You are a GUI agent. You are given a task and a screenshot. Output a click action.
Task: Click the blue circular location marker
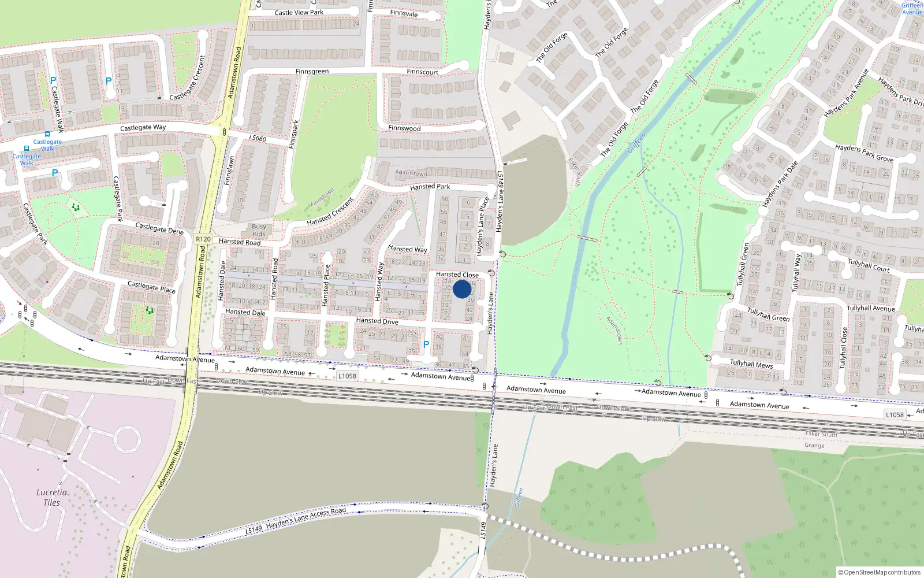(462, 289)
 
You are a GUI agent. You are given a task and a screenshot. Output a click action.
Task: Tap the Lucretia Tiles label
(51, 497)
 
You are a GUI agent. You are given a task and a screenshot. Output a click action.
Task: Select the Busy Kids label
(259, 230)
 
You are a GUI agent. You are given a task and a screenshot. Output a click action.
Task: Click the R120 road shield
(203, 239)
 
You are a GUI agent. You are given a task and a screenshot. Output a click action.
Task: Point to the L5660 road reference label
(258, 138)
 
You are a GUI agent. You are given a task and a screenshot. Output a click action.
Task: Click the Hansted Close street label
(457, 275)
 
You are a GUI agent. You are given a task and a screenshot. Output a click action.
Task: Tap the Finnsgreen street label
(312, 72)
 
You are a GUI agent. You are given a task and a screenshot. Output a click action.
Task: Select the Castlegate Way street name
(143, 128)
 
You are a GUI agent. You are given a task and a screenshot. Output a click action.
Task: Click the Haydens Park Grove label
(864, 153)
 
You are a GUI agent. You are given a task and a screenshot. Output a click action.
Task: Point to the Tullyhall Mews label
(751, 364)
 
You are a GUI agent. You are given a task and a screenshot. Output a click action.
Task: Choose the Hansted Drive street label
(377, 321)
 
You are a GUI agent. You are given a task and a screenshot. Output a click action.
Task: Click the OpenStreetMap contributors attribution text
(879, 572)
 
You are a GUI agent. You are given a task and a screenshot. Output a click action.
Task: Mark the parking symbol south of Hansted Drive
(426, 344)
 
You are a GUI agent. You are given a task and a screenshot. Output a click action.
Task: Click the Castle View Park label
(299, 13)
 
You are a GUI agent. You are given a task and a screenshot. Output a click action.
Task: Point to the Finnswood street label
(404, 128)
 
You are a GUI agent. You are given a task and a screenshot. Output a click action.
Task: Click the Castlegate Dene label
(159, 228)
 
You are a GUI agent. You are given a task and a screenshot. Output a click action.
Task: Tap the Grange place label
(814, 445)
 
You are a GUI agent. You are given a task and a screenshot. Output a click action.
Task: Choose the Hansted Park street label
(430, 187)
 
